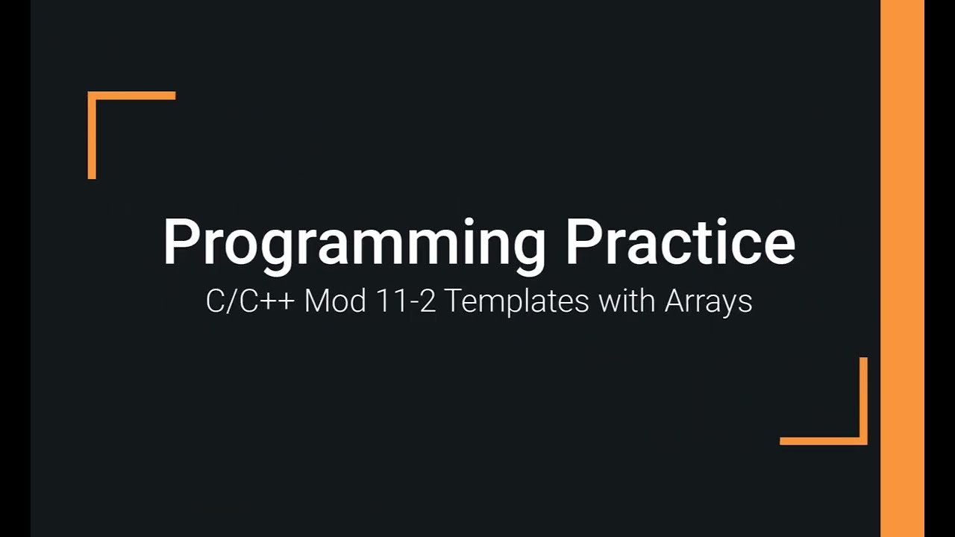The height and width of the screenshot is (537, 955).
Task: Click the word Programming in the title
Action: pos(354,242)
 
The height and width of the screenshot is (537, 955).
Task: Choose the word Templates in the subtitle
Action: pos(514,302)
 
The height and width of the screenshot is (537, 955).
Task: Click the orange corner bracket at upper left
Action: pos(93,97)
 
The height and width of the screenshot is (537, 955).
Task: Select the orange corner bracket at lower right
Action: pos(862,439)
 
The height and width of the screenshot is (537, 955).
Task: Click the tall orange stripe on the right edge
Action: pos(902,268)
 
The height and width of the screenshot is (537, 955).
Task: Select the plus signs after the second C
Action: pos(280,301)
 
